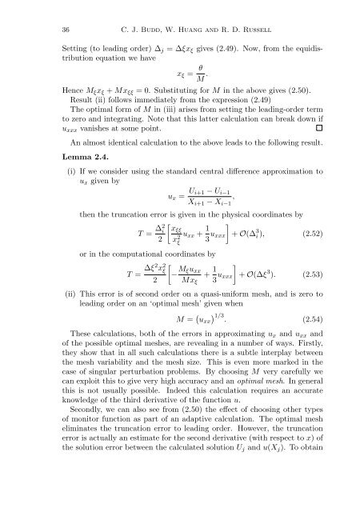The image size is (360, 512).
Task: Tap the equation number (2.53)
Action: point(308,302)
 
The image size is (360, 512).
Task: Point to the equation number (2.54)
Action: point(308,362)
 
